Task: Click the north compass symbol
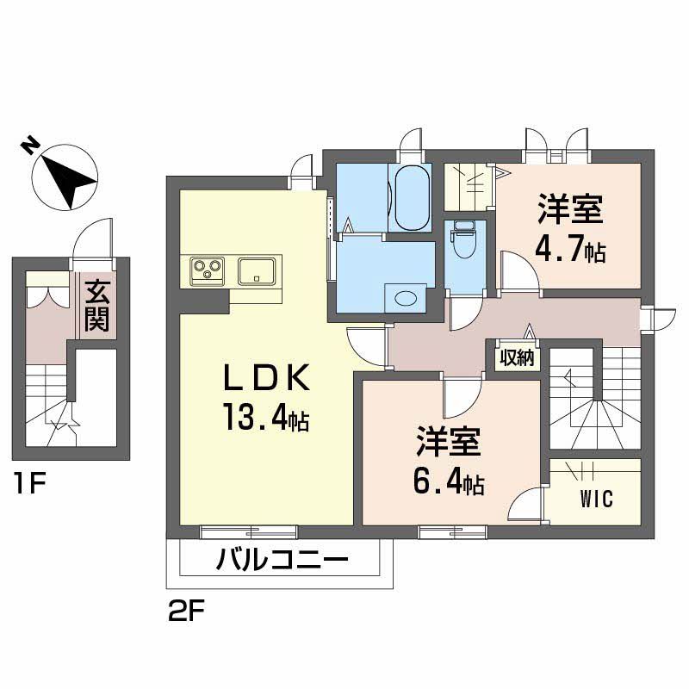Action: tap(64, 176)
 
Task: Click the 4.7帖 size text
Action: tap(569, 251)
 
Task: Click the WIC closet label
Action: tap(596, 500)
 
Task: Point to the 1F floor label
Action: tap(29, 484)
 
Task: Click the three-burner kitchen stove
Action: tap(207, 270)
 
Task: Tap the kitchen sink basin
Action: tap(258, 270)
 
